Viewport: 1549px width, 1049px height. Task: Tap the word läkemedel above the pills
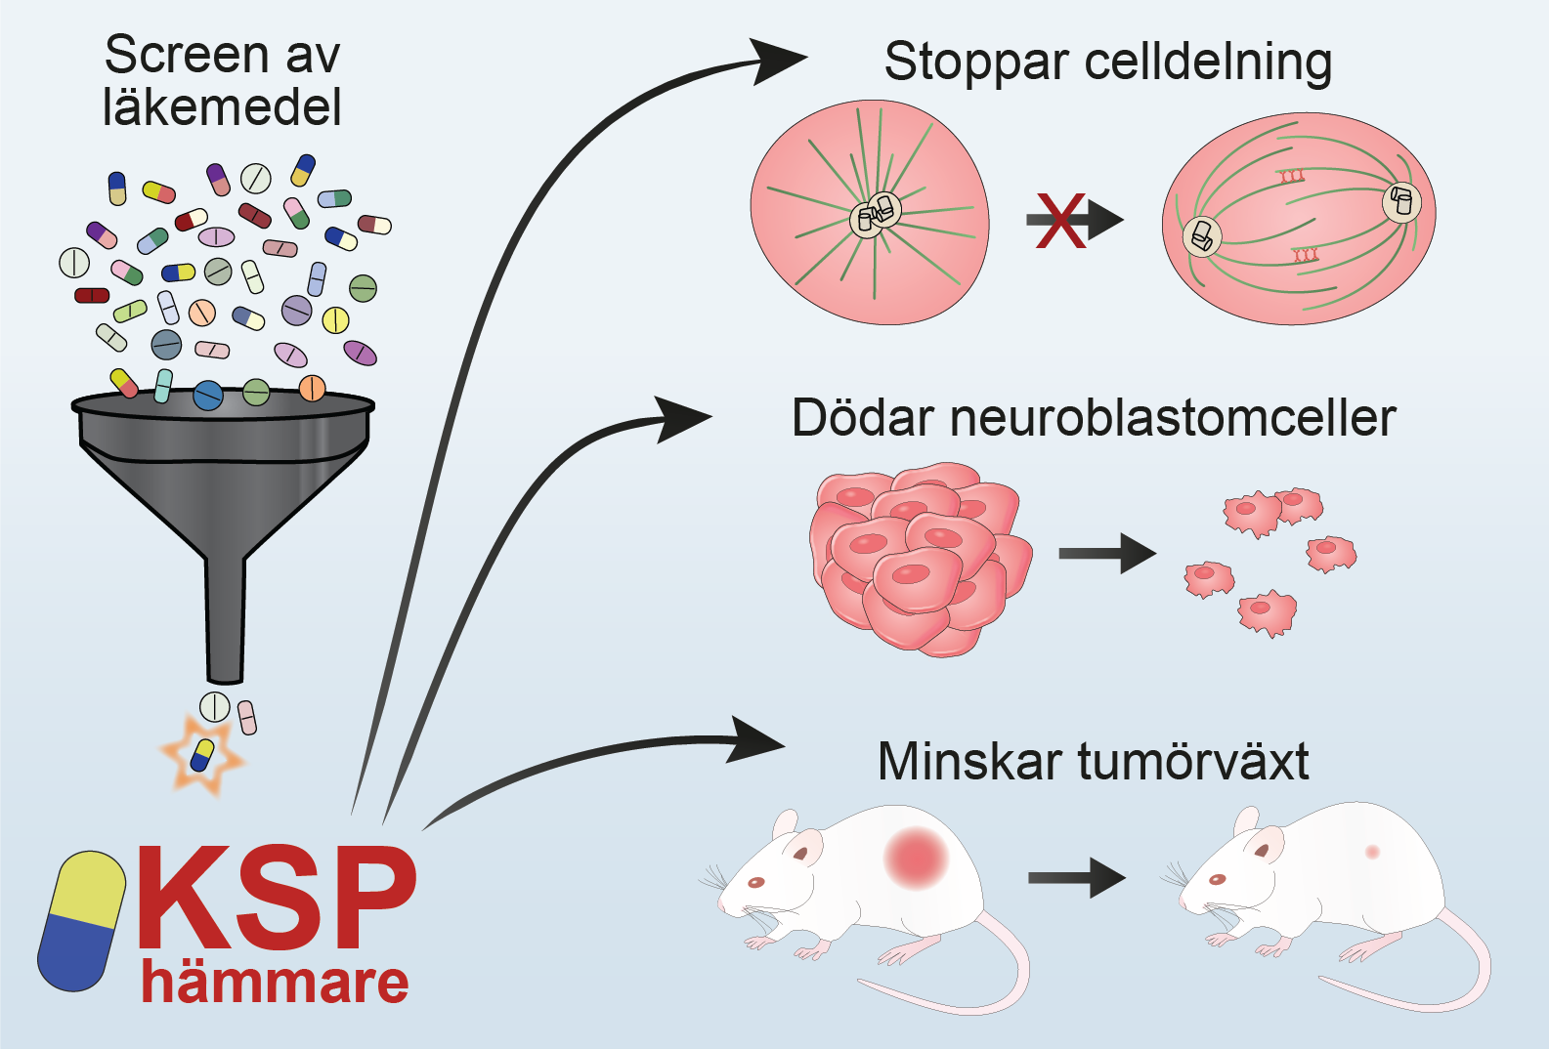click(222, 107)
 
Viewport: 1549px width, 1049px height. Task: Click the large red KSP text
click(277, 899)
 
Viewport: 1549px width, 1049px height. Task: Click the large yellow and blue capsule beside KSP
click(82, 920)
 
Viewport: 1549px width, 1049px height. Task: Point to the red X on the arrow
click(1060, 220)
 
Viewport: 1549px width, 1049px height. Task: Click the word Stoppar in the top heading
click(976, 63)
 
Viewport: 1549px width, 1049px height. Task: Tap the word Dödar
click(862, 418)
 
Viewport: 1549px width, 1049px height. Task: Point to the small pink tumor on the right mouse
click(1372, 852)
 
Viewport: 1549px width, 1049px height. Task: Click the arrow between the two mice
click(1076, 878)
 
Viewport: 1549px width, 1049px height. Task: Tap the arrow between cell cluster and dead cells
click(1106, 554)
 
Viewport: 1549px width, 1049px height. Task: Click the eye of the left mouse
click(755, 883)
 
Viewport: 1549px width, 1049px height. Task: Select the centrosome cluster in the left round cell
click(875, 215)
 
